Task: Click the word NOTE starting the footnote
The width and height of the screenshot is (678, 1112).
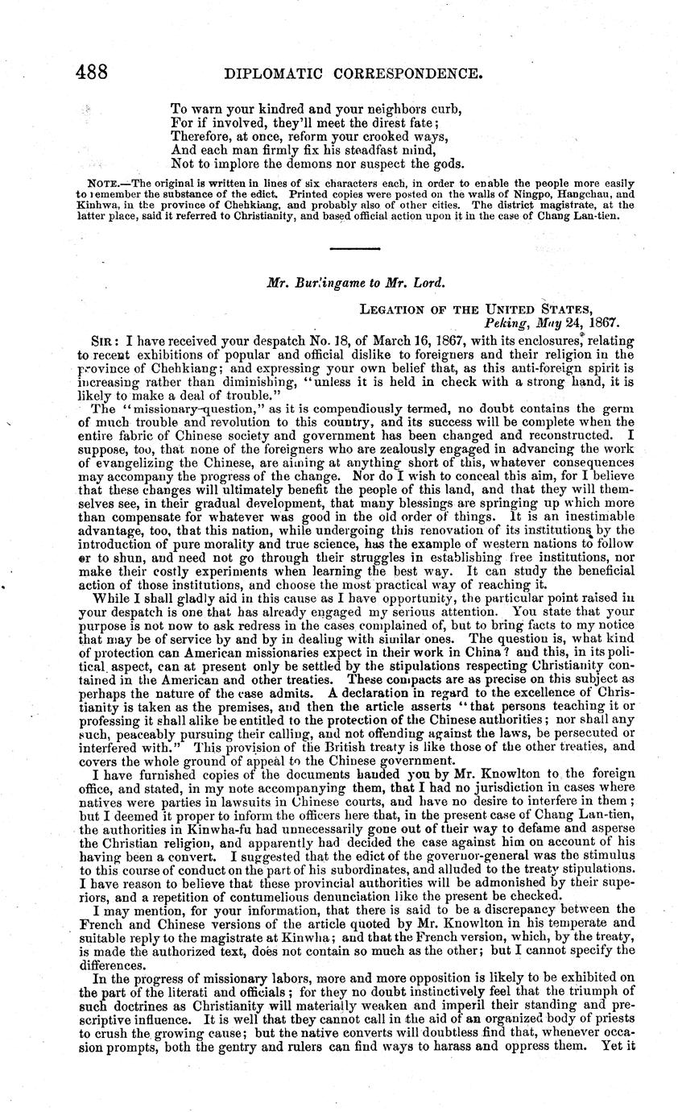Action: pos(105,185)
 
